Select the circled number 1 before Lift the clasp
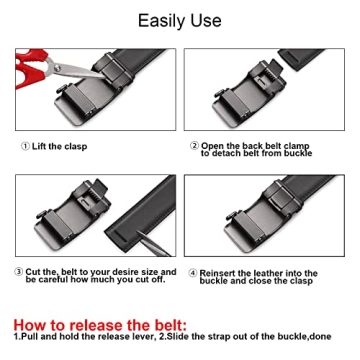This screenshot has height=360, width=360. tap(24, 146)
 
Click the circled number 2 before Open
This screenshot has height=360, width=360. tap(193, 146)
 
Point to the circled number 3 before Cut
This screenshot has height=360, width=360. tap(19, 271)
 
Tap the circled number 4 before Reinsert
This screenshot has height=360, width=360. tap(192, 271)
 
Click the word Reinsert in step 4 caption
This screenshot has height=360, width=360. tap(222, 271)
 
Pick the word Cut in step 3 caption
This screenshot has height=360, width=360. tap(34, 271)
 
